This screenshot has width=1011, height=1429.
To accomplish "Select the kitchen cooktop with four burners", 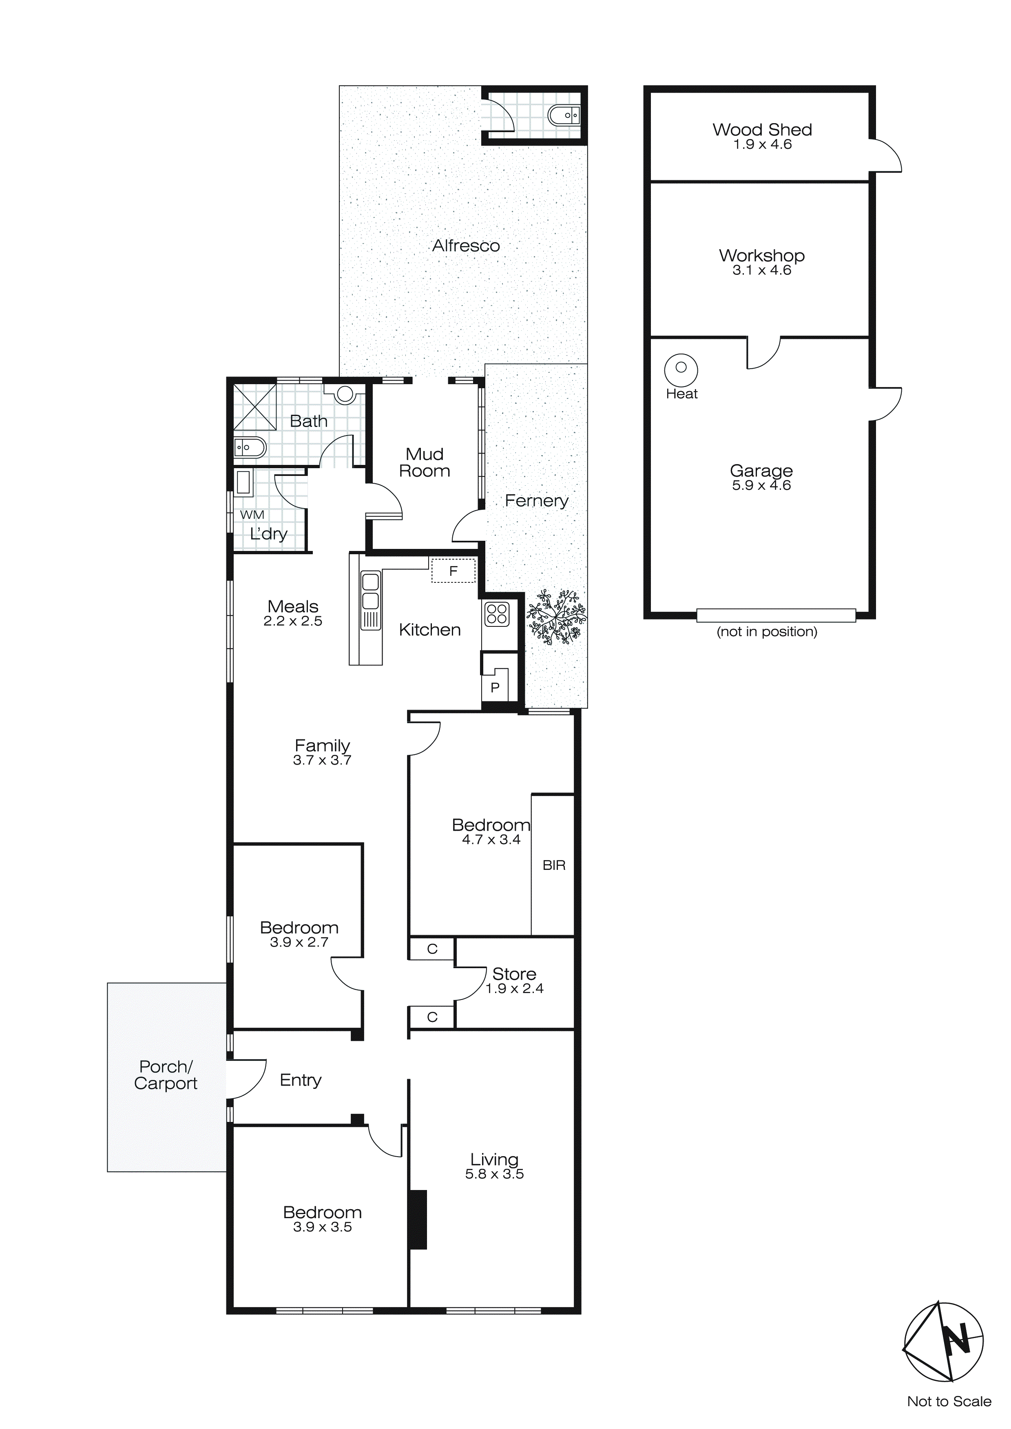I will [497, 614].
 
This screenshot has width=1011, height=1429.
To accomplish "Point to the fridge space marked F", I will [453, 571].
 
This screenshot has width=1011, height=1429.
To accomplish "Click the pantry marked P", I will [496, 686].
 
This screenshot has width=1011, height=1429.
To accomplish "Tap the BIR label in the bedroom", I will [553, 865].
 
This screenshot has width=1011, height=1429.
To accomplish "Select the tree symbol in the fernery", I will [556, 617].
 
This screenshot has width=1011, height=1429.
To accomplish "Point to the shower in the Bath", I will [254, 407].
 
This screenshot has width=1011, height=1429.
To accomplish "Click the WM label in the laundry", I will [252, 515].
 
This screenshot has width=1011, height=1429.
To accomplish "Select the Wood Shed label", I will [762, 129].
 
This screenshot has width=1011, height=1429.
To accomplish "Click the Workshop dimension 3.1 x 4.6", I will [761, 270].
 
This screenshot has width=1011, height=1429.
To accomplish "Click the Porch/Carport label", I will [166, 1075].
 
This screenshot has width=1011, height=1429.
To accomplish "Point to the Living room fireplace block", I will [418, 1220].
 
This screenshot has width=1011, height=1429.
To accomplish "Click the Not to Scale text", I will [949, 1401].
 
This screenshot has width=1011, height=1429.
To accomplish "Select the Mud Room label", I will [425, 462].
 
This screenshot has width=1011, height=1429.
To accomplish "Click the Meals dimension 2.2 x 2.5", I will [292, 621].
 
